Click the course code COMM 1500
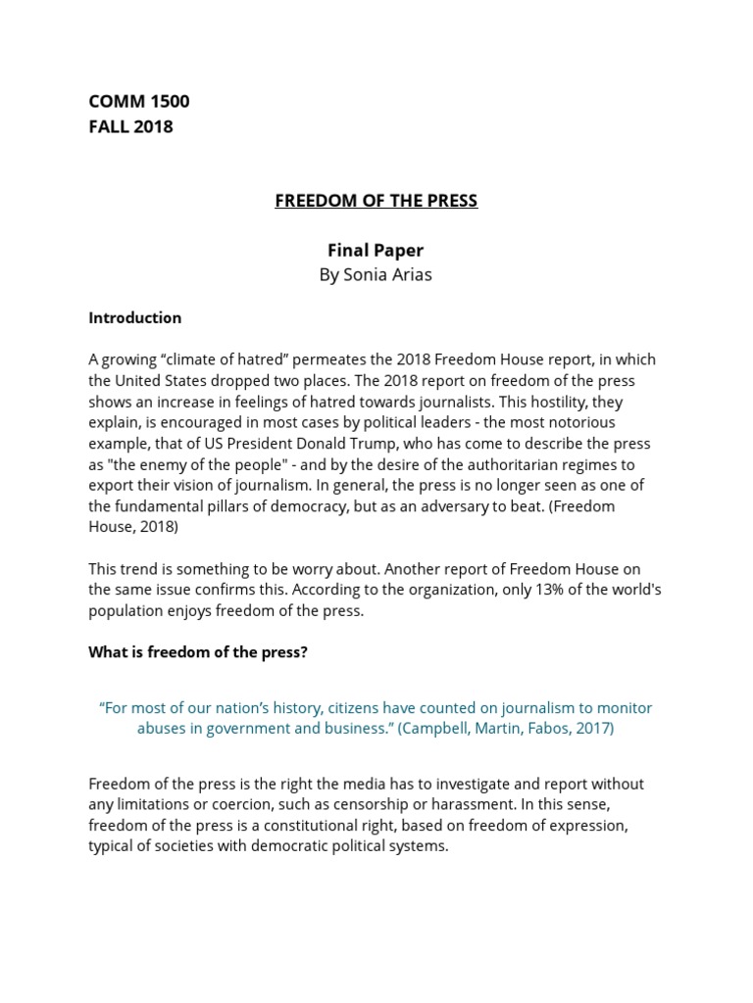[139, 101]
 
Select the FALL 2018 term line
[130, 126]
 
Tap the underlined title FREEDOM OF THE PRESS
[376, 201]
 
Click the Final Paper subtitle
[376, 250]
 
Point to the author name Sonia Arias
[376, 274]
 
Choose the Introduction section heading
[135, 317]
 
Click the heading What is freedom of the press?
[198, 651]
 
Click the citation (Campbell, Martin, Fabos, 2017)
[505, 728]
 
